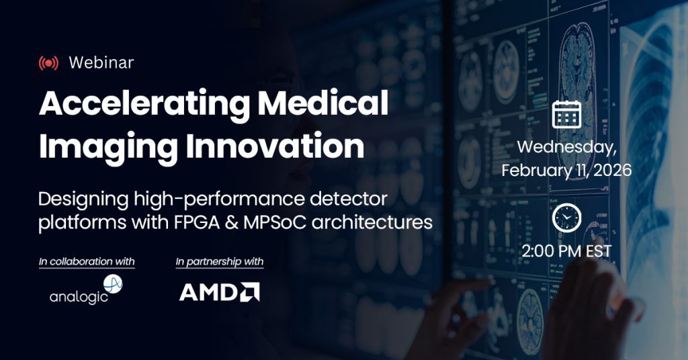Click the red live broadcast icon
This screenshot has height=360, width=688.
(48, 63)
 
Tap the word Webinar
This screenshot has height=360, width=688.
(101, 62)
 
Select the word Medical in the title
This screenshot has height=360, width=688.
(322, 102)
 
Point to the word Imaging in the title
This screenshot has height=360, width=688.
(108, 147)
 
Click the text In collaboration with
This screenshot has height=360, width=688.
(87, 261)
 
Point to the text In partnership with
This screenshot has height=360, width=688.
(220, 262)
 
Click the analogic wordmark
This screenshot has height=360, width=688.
(79, 297)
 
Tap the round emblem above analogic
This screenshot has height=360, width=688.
(113, 283)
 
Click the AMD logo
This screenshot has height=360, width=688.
(220, 292)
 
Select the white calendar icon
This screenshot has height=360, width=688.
(566, 114)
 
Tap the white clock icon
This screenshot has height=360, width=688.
(566, 218)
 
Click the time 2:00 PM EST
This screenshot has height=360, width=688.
(566, 251)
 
